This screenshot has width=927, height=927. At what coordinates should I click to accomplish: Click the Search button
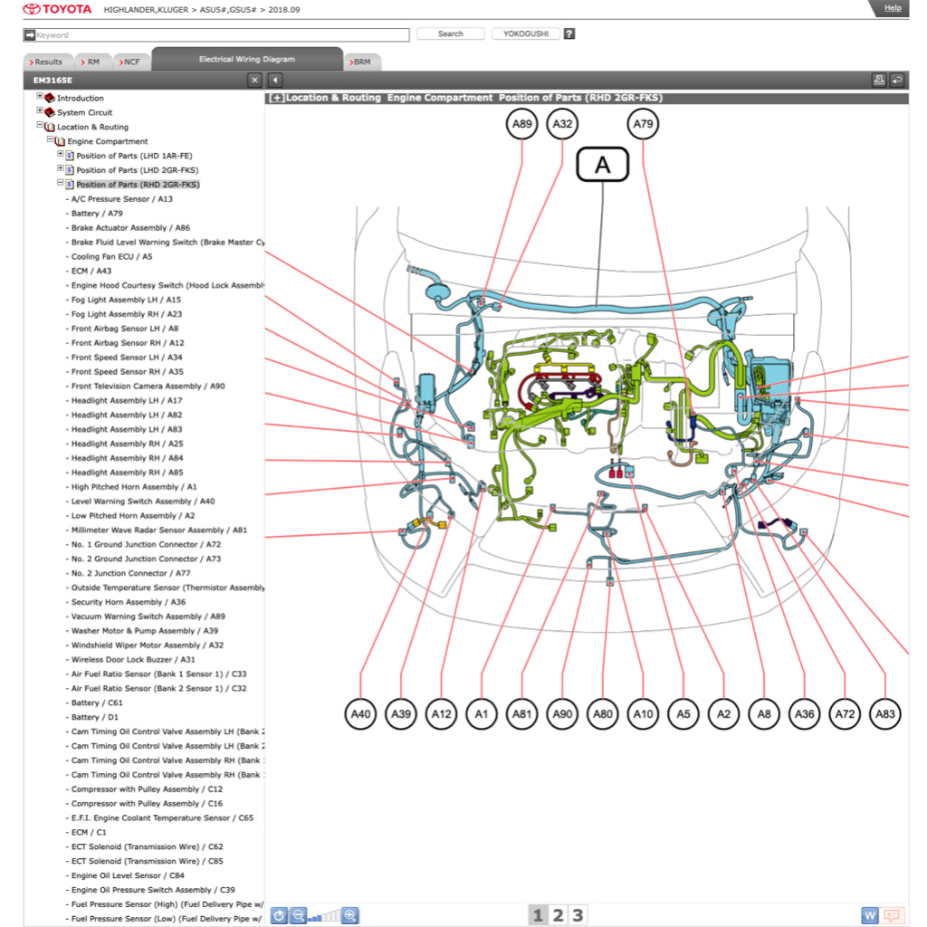click(450, 34)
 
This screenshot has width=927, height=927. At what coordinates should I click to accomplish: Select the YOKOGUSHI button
click(525, 34)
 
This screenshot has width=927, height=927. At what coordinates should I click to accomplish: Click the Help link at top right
click(892, 8)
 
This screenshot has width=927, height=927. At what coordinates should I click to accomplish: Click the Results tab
click(47, 62)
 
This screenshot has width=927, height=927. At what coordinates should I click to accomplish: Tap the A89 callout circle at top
click(521, 124)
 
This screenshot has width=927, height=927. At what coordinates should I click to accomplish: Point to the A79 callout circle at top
click(643, 124)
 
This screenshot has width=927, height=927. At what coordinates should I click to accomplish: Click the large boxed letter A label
click(602, 166)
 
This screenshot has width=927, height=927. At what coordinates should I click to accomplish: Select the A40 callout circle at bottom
click(360, 714)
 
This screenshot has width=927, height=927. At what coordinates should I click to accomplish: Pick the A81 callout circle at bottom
click(521, 714)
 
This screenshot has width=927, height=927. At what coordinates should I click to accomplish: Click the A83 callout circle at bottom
click(885, 714)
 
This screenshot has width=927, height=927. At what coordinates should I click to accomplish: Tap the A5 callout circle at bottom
click(683, 714)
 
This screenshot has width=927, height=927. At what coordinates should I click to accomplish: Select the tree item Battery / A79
click(97, 214)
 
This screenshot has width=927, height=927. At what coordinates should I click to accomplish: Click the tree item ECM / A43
click(91, 271)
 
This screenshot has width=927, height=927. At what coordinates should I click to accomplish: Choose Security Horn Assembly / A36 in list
click(129, 602)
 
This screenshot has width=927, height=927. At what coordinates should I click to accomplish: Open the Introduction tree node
click(81, 98)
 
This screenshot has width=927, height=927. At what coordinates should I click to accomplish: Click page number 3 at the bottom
click(577, 915)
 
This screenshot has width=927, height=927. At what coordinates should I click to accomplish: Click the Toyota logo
click(57, 9)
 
